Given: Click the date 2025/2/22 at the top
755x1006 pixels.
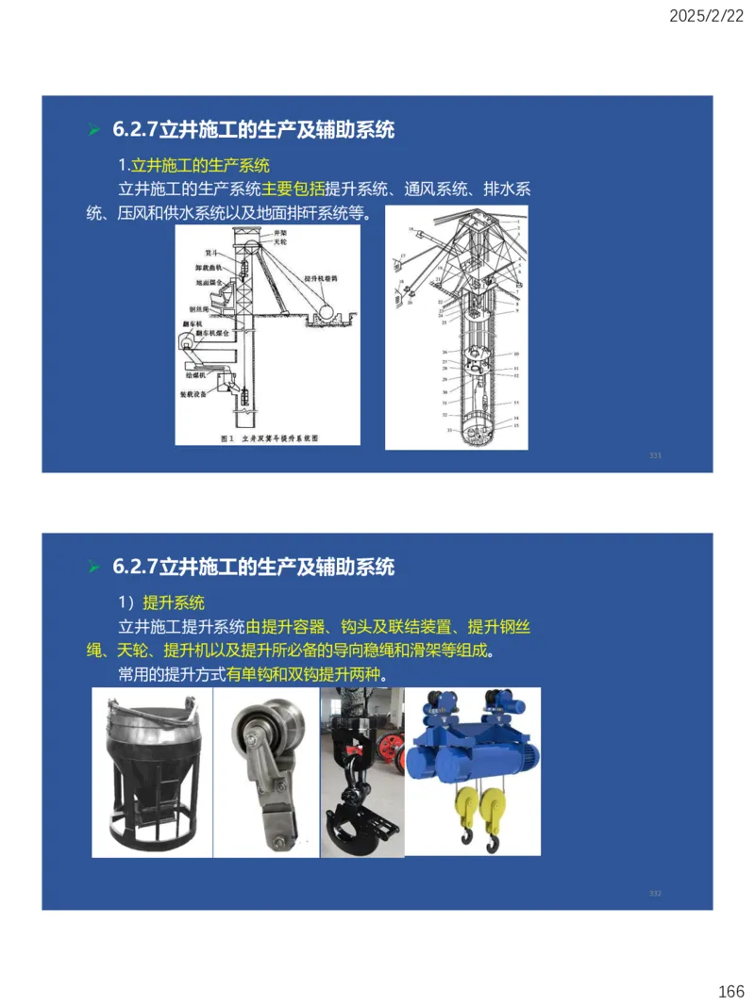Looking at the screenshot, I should click(706, 16).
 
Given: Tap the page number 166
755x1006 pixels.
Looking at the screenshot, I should click(730, 991).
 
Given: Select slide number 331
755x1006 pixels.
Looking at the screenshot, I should click(655, 455).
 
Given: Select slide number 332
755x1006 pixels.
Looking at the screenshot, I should click(655, 893).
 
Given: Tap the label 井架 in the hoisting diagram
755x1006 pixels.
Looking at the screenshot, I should click(279, 231).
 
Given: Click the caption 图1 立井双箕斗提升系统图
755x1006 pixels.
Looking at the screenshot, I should click(268, 437).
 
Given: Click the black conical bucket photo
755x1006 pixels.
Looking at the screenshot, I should click(152, 773).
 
